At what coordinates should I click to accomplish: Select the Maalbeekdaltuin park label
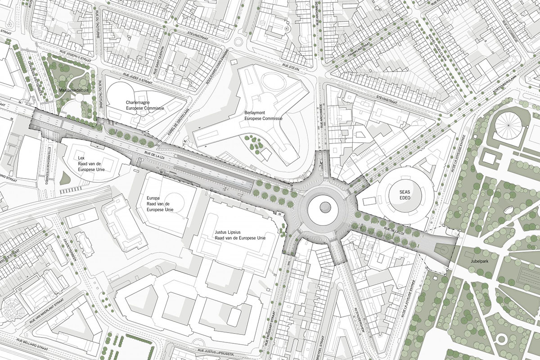(72, 90)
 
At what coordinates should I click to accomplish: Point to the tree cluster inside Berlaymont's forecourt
(257, 144)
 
